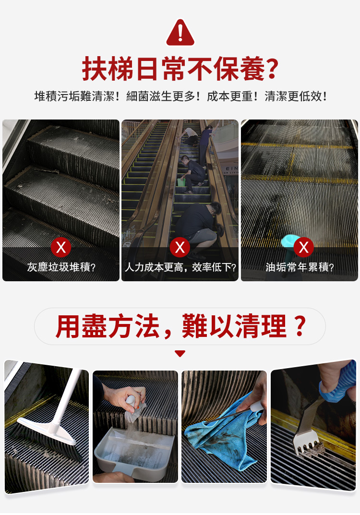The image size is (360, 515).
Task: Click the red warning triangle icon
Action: [x=180, y=33]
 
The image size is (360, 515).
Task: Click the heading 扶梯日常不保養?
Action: [x=180, y=69]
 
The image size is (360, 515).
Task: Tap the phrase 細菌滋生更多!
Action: [x=163, y=96]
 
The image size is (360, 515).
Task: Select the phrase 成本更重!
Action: [x=232, y=96]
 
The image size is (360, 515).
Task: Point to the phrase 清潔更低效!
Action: [x=296, y=96]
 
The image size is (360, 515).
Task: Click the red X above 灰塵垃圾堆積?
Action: [x=61, y=247]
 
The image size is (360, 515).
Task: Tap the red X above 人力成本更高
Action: [x=180, y=247]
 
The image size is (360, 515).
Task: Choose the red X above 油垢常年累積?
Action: [x=303, y=247]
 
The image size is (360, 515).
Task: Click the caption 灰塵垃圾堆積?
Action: [x=61, y=267]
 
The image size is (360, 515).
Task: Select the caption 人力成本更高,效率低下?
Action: [x=180, y=267]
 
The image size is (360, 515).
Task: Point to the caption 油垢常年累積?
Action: [x=300, y=267]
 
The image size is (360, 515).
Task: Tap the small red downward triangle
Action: [x=180, y=353]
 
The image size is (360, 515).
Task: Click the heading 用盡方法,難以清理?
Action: [x=180, y=326]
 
